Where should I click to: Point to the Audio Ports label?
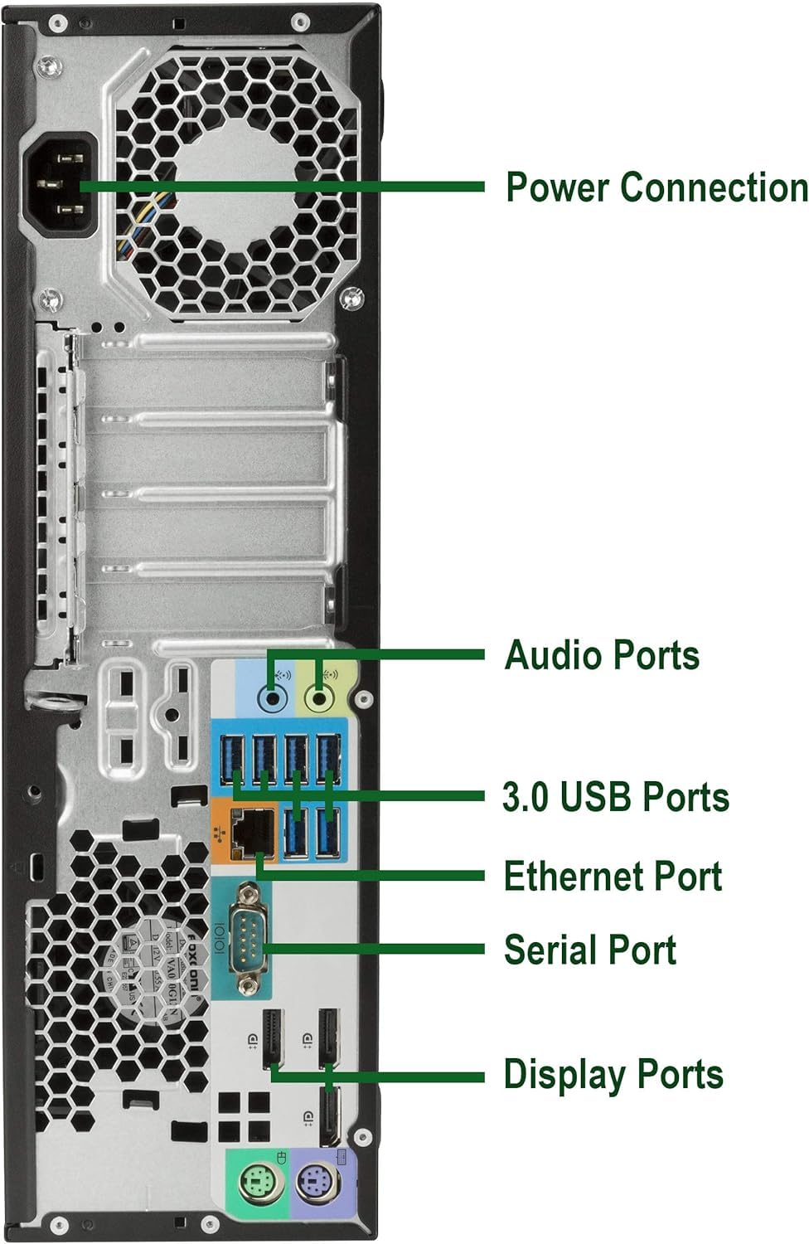click(602, 654)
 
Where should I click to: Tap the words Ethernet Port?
click(613, 876)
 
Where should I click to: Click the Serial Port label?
click(589, 950)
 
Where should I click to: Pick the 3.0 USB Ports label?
click(615, 796)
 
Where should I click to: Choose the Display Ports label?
click(613, 1074)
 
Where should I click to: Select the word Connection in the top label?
click(714, 187)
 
